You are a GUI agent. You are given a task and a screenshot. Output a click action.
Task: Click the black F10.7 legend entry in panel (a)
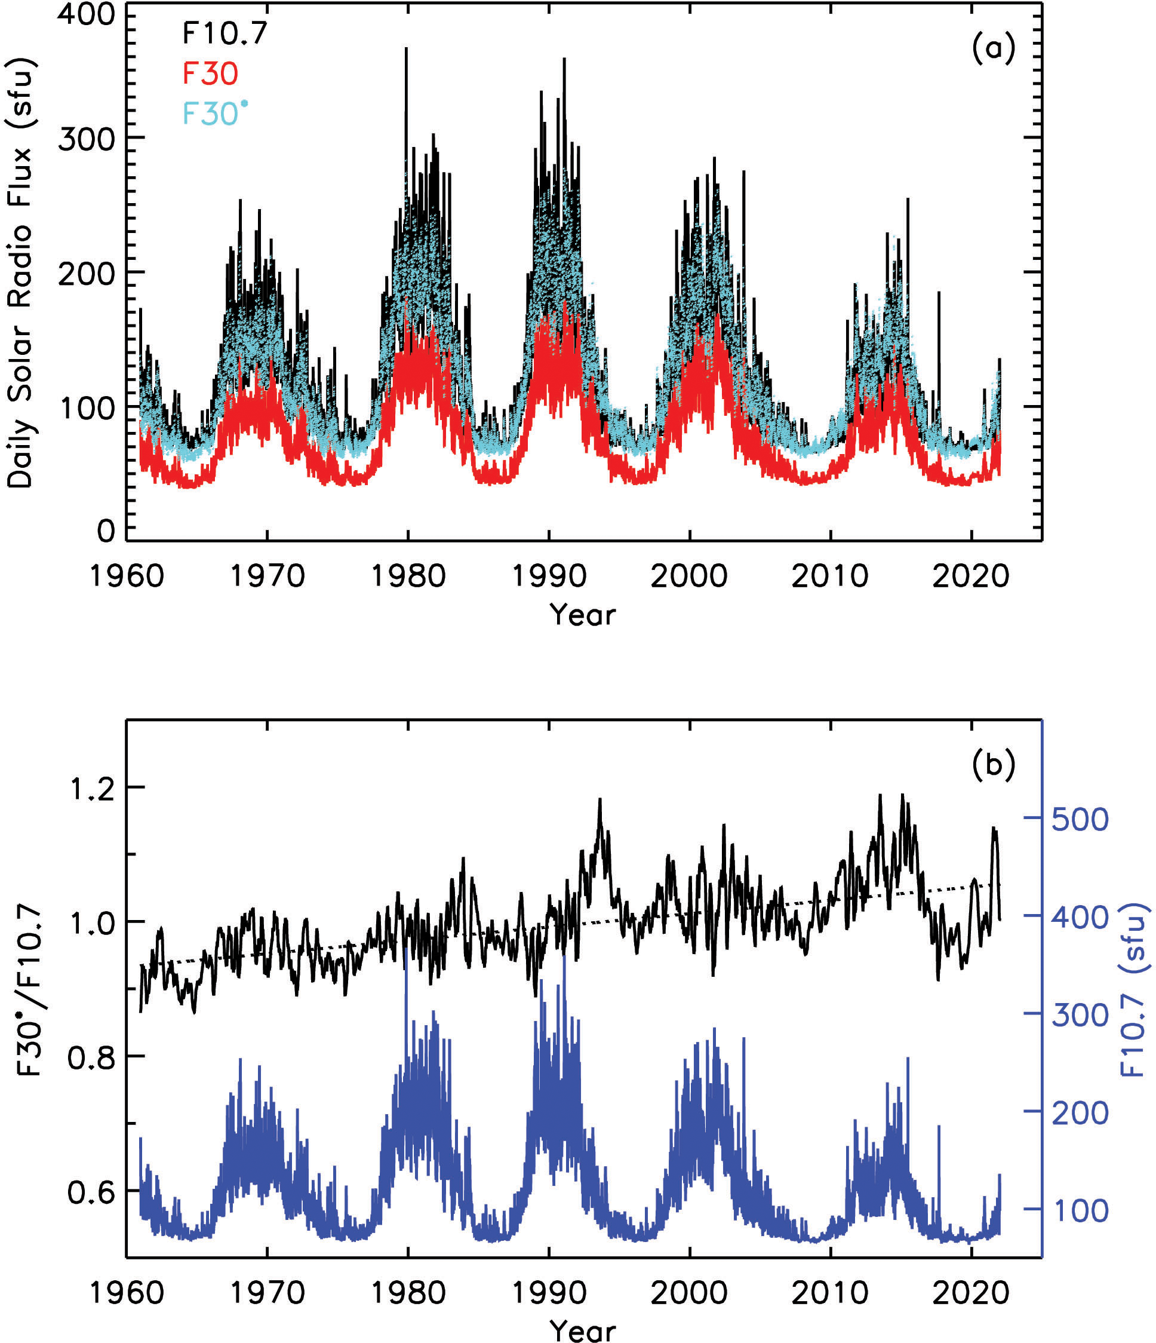tap(224, 33)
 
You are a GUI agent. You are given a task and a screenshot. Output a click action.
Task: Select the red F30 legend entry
tap(210, 73)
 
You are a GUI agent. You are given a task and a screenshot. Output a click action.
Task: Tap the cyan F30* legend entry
tap(214, 114)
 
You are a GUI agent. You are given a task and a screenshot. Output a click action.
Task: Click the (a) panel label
tap(993, 48)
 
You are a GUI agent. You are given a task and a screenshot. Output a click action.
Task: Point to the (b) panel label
tap(993, 765)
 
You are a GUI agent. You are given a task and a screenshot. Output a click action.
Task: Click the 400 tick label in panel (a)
tap(87, 14)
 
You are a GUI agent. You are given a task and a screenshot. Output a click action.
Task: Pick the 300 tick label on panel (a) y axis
tap(87, 139)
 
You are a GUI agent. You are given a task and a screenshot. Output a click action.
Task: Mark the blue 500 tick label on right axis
tap(1080, 820)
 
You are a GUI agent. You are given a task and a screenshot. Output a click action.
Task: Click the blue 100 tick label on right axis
tap(1080, 1211)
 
